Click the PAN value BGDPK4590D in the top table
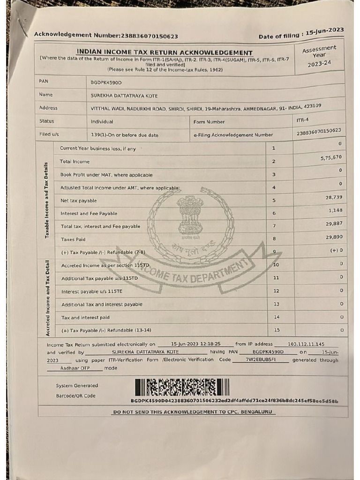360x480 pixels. click(x=106, y=82)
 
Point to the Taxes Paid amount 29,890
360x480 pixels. click(x=334, y=237)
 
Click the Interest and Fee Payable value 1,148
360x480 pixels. click(x=336, y=211)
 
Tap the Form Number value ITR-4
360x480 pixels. click(x=303, y=120)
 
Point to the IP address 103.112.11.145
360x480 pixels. click(x=313, y=344)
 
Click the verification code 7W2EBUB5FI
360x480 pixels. click(x=261, y=360)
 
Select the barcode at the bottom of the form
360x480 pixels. click(x=182, y=387)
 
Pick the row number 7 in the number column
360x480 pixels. click(x=274, y=226)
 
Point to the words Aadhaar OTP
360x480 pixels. click(x=75, y=368)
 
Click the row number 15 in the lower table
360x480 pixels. click(x=277, y=330)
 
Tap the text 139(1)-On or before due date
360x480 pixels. click(x=125, y=135)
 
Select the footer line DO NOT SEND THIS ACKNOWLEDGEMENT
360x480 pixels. click(x=193, y=412)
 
